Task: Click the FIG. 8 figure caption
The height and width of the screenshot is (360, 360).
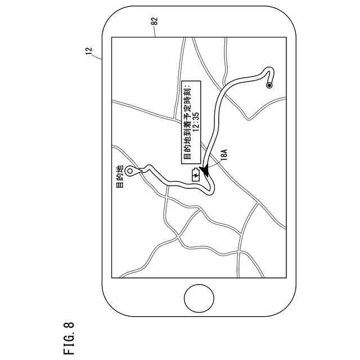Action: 68,337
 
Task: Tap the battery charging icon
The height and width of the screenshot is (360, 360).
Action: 195,175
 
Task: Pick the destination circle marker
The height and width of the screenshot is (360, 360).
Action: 130,171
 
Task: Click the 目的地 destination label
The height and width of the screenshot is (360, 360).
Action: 119,177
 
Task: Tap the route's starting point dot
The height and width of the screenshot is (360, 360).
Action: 269,85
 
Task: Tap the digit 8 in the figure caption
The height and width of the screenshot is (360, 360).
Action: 68,324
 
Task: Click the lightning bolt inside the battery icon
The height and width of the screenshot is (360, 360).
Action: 195,175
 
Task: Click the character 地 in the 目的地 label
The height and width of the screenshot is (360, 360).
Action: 119,169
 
